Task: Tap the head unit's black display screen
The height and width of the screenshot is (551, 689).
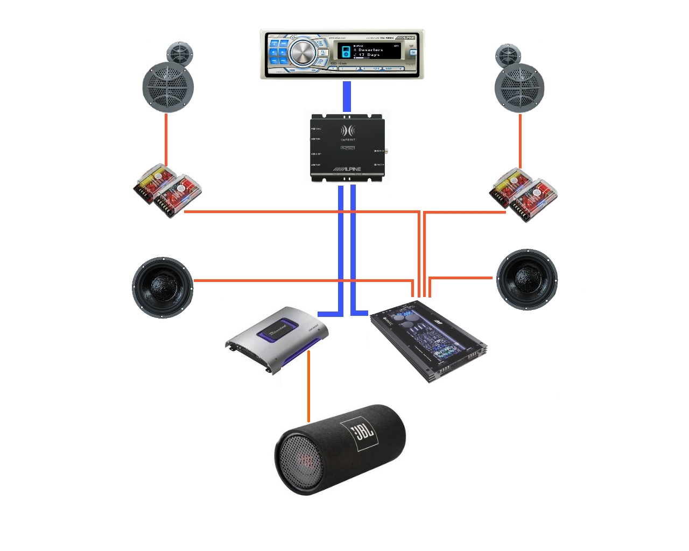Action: tap(369, 52)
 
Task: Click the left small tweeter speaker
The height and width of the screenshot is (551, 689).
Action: tap(179, 54)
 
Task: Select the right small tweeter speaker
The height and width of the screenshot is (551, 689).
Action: tap(508, 55)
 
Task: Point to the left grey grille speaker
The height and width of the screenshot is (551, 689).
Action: tap(168, 87)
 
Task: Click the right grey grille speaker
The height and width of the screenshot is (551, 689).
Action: tap(519, 88)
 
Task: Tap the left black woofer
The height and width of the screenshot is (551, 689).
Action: tap(163, 287)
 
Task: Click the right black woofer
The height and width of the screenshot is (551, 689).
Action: tap(527, 279)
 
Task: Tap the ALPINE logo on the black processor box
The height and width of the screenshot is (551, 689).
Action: tap(348, 168)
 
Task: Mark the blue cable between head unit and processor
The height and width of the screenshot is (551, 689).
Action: tap(347, 97)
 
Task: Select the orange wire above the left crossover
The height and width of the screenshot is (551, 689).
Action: tap(166, 140)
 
